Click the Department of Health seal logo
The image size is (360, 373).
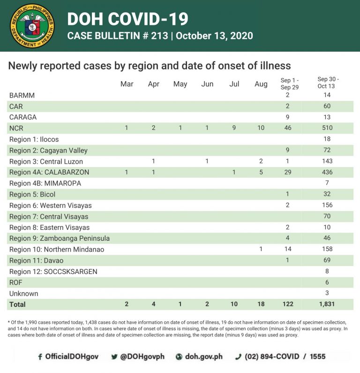tap(32, 26)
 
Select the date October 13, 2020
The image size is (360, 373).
tap(214, 36)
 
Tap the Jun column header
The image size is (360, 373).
tap(207, 84)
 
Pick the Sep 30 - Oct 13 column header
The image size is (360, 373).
tap(328, 83)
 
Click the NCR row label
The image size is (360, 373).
tap(16, 128)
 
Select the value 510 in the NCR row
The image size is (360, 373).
tap(327, 128)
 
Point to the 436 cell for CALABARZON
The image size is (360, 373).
tap(327, 172)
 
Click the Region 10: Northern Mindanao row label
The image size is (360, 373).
tap(57, 250)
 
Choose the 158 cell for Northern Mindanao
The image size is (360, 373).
tap(327, 249)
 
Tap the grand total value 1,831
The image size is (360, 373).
tap(327, 304)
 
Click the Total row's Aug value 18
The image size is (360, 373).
tap(261, 304)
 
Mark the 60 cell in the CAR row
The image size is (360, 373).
tap(327, 106)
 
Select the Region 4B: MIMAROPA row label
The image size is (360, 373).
tap(45, 183)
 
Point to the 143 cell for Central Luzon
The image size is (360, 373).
tap(327, 161)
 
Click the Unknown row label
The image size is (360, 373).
tap(23, 294)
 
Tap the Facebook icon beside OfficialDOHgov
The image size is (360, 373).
tap(40, 357)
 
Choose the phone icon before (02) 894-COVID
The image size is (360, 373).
tap(238, 357)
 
